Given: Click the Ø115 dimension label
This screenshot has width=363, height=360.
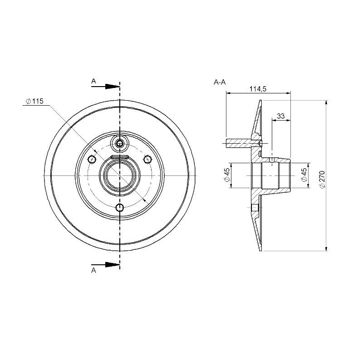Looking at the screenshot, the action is click(x=34, y=101).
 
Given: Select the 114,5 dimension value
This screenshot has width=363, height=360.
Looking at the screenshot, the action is click(x=258, y=89).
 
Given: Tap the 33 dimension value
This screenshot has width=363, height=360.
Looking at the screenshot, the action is click(x=280, y=116).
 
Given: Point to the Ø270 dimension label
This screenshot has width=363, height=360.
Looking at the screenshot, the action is click(x=322, y=179).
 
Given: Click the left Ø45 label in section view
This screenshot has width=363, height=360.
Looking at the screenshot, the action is click(x=227, y=175).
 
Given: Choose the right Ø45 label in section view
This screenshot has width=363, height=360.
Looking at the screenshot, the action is click(x=304, y=175).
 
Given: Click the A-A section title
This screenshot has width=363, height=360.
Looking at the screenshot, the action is click(x=220, y=82).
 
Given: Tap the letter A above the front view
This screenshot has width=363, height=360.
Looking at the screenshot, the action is click(x=93, y=81).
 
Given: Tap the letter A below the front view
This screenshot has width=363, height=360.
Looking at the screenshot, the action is click(x=93, y=270).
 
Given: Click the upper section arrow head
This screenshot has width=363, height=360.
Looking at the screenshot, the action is click(x=112, y=87).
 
